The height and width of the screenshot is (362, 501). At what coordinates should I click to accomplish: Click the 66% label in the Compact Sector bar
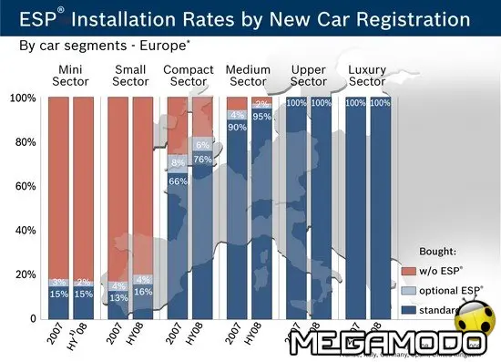tap(179, 181)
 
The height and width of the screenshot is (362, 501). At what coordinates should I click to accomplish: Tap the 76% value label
tap(203, 160)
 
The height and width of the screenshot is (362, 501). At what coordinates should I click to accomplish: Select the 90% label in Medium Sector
tap(237, 128)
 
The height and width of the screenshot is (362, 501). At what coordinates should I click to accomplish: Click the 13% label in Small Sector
tap(118, 297)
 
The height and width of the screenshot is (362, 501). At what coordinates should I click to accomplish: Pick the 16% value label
tap(143, 292)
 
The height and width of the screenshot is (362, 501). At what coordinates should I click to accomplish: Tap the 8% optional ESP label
tap(179, 163)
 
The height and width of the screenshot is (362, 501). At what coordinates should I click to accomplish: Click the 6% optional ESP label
tap(203, 145)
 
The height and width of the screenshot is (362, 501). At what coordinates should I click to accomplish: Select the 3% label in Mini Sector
tap(58, 282)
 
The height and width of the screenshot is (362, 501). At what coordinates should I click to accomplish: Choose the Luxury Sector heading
tap(367, 75)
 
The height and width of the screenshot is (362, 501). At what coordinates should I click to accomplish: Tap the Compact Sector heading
tap(189, 75)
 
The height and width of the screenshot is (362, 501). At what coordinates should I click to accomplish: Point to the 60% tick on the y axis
tap(23, 186)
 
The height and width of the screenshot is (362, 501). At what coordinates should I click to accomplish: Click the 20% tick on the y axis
tap(23, 274)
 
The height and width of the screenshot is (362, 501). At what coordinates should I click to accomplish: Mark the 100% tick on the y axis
tap(21, 98)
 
